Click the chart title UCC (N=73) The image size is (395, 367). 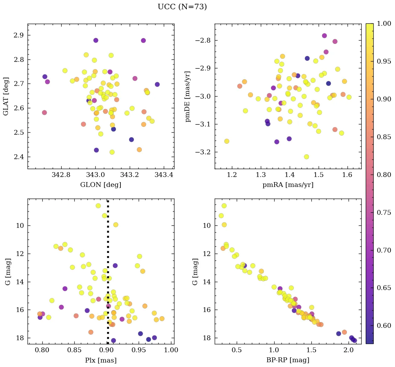click(182, 7)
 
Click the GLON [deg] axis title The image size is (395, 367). click(100, 185)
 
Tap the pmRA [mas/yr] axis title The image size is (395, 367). click(288, 185)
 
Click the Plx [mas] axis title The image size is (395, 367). click(100, 360)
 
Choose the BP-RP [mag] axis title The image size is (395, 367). click(288, 360)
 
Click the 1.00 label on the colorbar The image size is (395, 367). click(384, 23)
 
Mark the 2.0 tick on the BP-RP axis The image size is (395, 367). click(349, 350)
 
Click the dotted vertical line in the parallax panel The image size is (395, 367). click(108, 275)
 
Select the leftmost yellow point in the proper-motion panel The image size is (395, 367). click(227, 141)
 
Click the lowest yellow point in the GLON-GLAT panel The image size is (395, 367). click(112, 152)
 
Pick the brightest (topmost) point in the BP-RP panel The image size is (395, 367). click(224, 206)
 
